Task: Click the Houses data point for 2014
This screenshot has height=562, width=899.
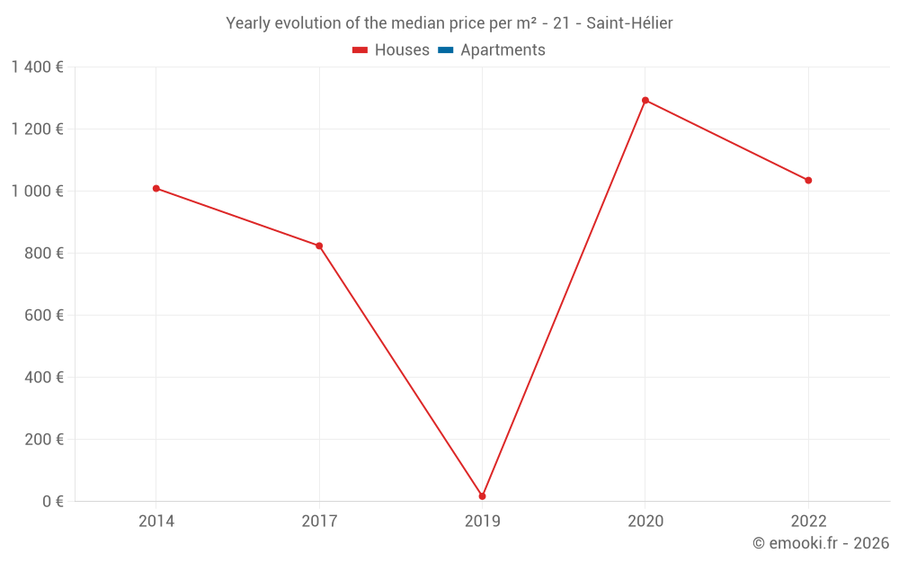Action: pyautogui.click(x=156, y=189)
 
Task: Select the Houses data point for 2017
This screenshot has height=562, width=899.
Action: pyautogui.click(x=319, y=245)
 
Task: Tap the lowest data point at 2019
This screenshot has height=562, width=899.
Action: pyautogui.click(x=483, y=496)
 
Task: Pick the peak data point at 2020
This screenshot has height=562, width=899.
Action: pyautogui.click(x=645, y=101)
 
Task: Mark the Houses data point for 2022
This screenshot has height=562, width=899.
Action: pyautogui.click(x=808, y=181)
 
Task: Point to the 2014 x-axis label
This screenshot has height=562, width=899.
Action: pyautogui.click(x=156, y=521)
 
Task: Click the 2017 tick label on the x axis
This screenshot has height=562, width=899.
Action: pyautogui.click(x=319, y=521)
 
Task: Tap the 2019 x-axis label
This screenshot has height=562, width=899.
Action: pyautogui.click(x=483, y=521)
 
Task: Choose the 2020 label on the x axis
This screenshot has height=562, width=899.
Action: pyautogui.click(x=645, y=521)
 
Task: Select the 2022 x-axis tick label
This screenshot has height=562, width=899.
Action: pyautogui.click(x=808, y=521)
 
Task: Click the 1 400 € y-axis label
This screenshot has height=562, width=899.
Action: pyautogui.click(x=37, y=67)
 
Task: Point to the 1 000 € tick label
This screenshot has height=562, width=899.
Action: pyautogui.click(x=37, y=192)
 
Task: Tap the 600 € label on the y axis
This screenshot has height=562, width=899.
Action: pyautogui.click(x=45, y=316)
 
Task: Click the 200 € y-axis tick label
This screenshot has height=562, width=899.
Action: pyautogui.click(x=45, y=440)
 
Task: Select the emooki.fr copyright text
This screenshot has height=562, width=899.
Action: pyautogui.click(x=821, y=543)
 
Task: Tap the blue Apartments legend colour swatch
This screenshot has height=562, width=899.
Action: pyautogui.click(x=445, y=50)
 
